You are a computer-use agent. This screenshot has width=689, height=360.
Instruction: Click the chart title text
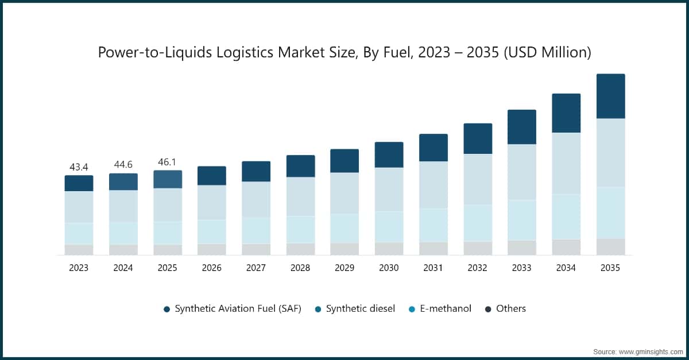tap(344, 52)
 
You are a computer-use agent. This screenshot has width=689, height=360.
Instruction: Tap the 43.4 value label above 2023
tap(79, 167)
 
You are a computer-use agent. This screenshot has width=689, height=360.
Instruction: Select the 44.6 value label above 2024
tap(123, 165)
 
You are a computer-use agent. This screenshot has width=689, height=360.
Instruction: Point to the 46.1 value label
tap(168, 162)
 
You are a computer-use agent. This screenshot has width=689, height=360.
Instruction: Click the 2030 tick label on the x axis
tap(389, 268)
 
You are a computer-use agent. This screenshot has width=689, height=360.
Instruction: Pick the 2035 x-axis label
tap(610, 268)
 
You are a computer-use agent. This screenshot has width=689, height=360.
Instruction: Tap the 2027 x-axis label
tap(256, 268)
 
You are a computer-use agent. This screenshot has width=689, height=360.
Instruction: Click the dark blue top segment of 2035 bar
tap(610, 96)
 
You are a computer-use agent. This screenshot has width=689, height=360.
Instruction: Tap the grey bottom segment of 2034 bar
tap(566, 247)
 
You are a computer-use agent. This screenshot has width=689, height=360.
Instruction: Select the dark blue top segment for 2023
tap(79, 183)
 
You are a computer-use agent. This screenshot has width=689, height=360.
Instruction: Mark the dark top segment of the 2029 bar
tap(344, 161)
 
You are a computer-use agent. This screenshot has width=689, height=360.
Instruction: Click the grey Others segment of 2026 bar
tap(212, 249)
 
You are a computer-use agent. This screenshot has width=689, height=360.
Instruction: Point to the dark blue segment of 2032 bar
tap(478, 138)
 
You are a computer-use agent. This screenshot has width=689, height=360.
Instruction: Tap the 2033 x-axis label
tap(522, 268)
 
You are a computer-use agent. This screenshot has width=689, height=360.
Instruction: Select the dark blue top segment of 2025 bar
tap(168, 179)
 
